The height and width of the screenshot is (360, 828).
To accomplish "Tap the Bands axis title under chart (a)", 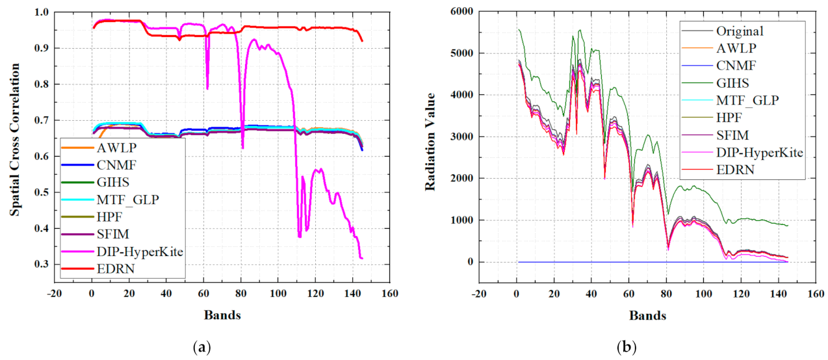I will pyautogui.click(x=222, y=315).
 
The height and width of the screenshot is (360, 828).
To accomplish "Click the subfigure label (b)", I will pyautogui.click(x=628, y=348).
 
